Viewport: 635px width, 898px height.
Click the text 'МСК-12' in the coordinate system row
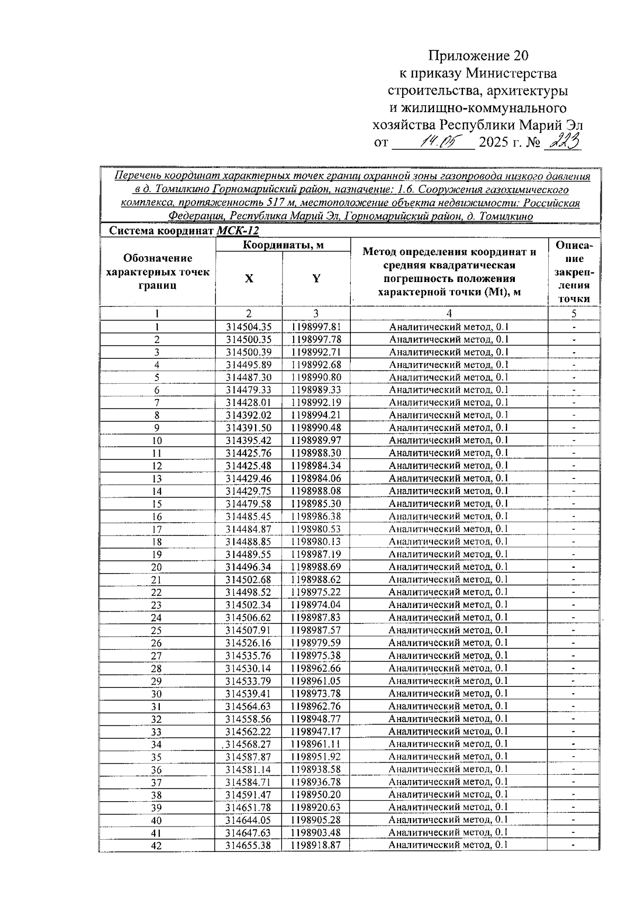click(238, 231)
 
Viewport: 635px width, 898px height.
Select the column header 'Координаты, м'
click(283, 244)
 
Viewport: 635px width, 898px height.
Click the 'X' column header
click(249, 279)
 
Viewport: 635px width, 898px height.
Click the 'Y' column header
click(316, 279)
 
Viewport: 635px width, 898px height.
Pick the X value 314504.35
click(248, 327)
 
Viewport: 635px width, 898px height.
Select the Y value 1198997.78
click(316, 340)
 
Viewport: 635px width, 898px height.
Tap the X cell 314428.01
click(248, 403)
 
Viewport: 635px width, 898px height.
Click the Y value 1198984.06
click(316, 478)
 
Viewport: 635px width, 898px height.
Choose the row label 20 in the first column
click(157, 567)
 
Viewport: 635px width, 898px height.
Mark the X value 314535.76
click(248, 656)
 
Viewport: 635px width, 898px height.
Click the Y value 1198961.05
click(316, 681)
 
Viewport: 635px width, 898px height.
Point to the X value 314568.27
click(248, 744)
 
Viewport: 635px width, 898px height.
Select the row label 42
click(157, 846)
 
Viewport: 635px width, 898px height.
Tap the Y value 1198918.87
click(316, 845)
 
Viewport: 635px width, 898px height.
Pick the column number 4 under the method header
click(449, 313)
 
